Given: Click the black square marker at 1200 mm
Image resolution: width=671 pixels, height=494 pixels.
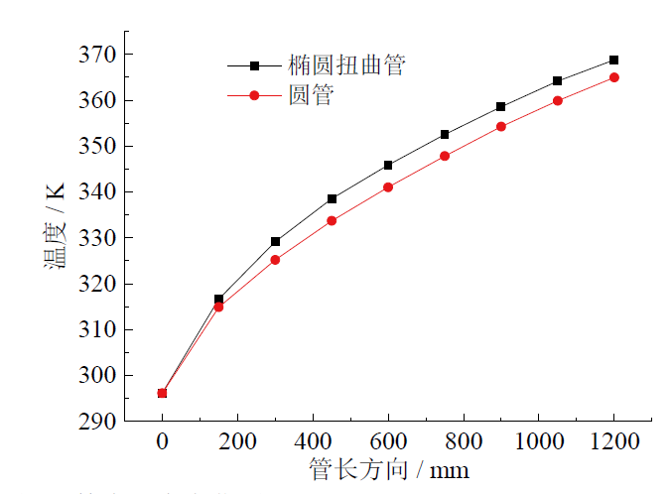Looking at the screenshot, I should tap(613, 61).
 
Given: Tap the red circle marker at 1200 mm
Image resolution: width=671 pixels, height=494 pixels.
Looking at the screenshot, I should tap(613, 77).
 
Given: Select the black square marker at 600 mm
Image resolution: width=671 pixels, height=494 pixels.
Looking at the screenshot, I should tap(388, 166).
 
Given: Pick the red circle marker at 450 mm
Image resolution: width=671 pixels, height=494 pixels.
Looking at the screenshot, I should tap(332, 220).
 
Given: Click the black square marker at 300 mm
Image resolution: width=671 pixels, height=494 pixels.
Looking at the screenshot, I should tap(275, 241).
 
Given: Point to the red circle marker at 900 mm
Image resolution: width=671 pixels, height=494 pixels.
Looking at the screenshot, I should tap(500, 127).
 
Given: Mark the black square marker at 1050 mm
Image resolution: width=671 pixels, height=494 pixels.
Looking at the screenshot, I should tap(557, 81).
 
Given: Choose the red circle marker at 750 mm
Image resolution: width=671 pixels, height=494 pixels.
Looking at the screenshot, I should tap(445, 156).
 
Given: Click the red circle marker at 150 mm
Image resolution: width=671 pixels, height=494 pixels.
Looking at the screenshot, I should tap(218, 307).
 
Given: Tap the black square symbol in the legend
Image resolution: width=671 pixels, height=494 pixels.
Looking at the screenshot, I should tap(254, 66).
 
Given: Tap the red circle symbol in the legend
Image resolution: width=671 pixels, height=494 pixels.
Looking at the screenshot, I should tap(254, 96).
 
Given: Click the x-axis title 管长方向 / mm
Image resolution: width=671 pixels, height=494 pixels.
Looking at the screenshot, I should tap(388, 468).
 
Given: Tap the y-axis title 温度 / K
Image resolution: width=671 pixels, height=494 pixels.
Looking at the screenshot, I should tap(55, 237).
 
